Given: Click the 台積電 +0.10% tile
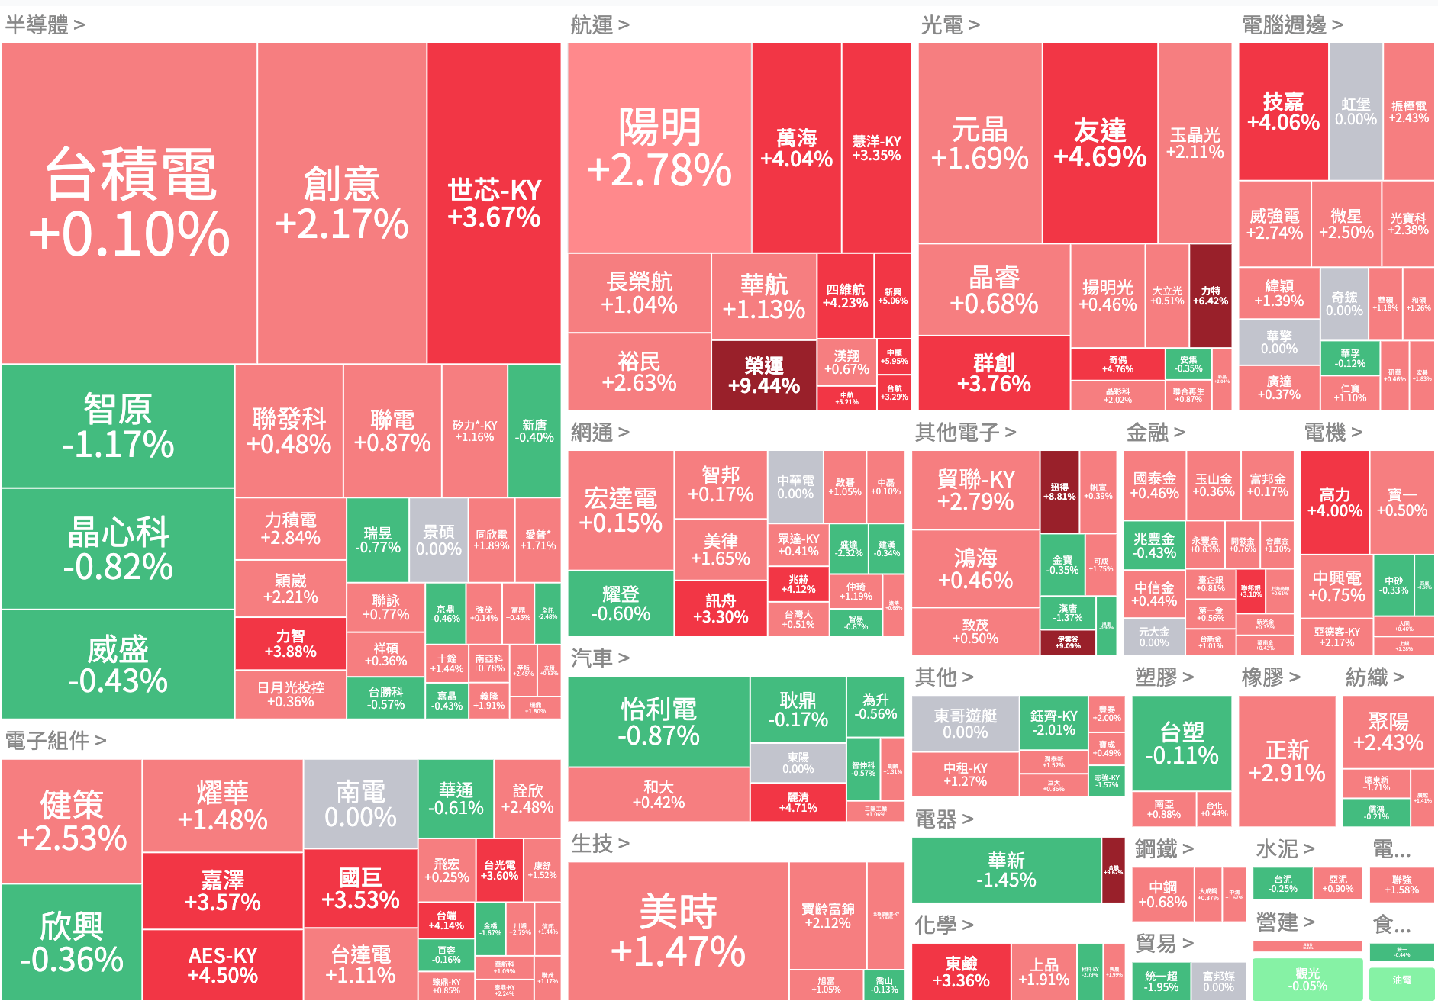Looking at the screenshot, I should click(x=130, y=203).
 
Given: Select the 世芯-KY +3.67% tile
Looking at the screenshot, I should click(x=494, y=203).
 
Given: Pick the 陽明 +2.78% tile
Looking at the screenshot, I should click(x=659, y=148).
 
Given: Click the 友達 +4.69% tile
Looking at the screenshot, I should click(x=1099, y=143).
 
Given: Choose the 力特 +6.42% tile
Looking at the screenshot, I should click(x=1211, y=296).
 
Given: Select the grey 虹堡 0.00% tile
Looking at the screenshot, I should click(x=1356, y=111).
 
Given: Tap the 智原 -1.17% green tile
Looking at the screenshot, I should click(x=118, y=426).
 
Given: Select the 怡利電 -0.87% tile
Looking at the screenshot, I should click(x=659, y=722).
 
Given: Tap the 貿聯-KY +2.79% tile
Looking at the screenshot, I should click(x=975, y=490).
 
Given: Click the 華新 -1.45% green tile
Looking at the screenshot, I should click(x=1006, y=870).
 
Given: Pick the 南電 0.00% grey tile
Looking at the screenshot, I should click(x=360, y=804).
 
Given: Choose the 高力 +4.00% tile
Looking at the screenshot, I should click(x=1335, y=502).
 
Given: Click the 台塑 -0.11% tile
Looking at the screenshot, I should click(x=1182, y=743).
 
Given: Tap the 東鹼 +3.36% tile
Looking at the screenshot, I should click(x=961, y=971).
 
